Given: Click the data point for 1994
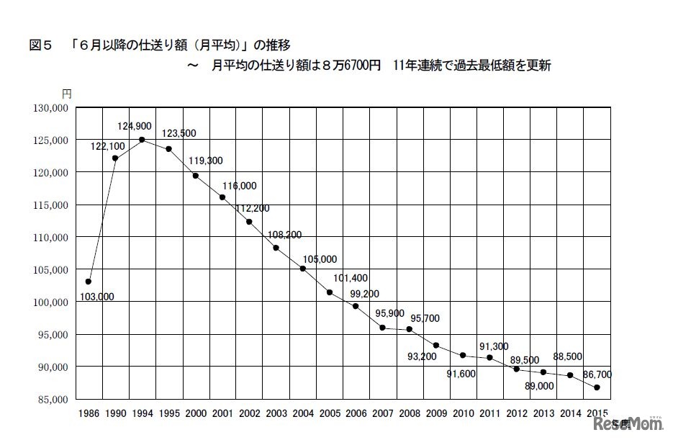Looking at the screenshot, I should click(142, 140).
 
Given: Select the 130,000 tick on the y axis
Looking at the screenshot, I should click(50, 108).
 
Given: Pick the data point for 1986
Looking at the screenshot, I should click(88, 282).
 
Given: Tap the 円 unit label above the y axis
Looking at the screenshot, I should click(66, 94).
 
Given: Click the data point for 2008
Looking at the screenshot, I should click(409, 329).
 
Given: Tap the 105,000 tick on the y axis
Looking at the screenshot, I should click(50, 270).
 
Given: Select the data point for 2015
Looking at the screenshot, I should click(597, 387).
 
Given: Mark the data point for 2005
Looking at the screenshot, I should click(329, 292).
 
